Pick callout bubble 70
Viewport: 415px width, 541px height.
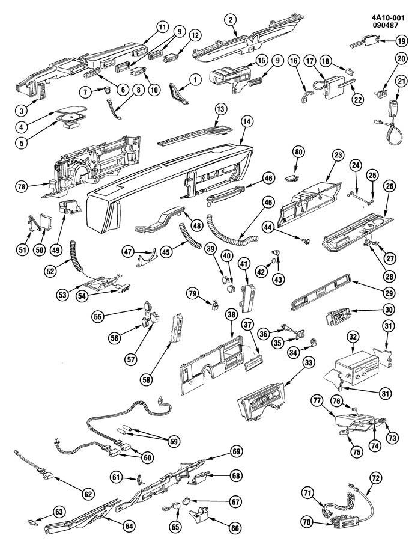[x=306, y=522]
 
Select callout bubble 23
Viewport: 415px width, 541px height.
[x=338, y=155]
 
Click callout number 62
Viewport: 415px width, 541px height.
[x=88, y=494]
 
